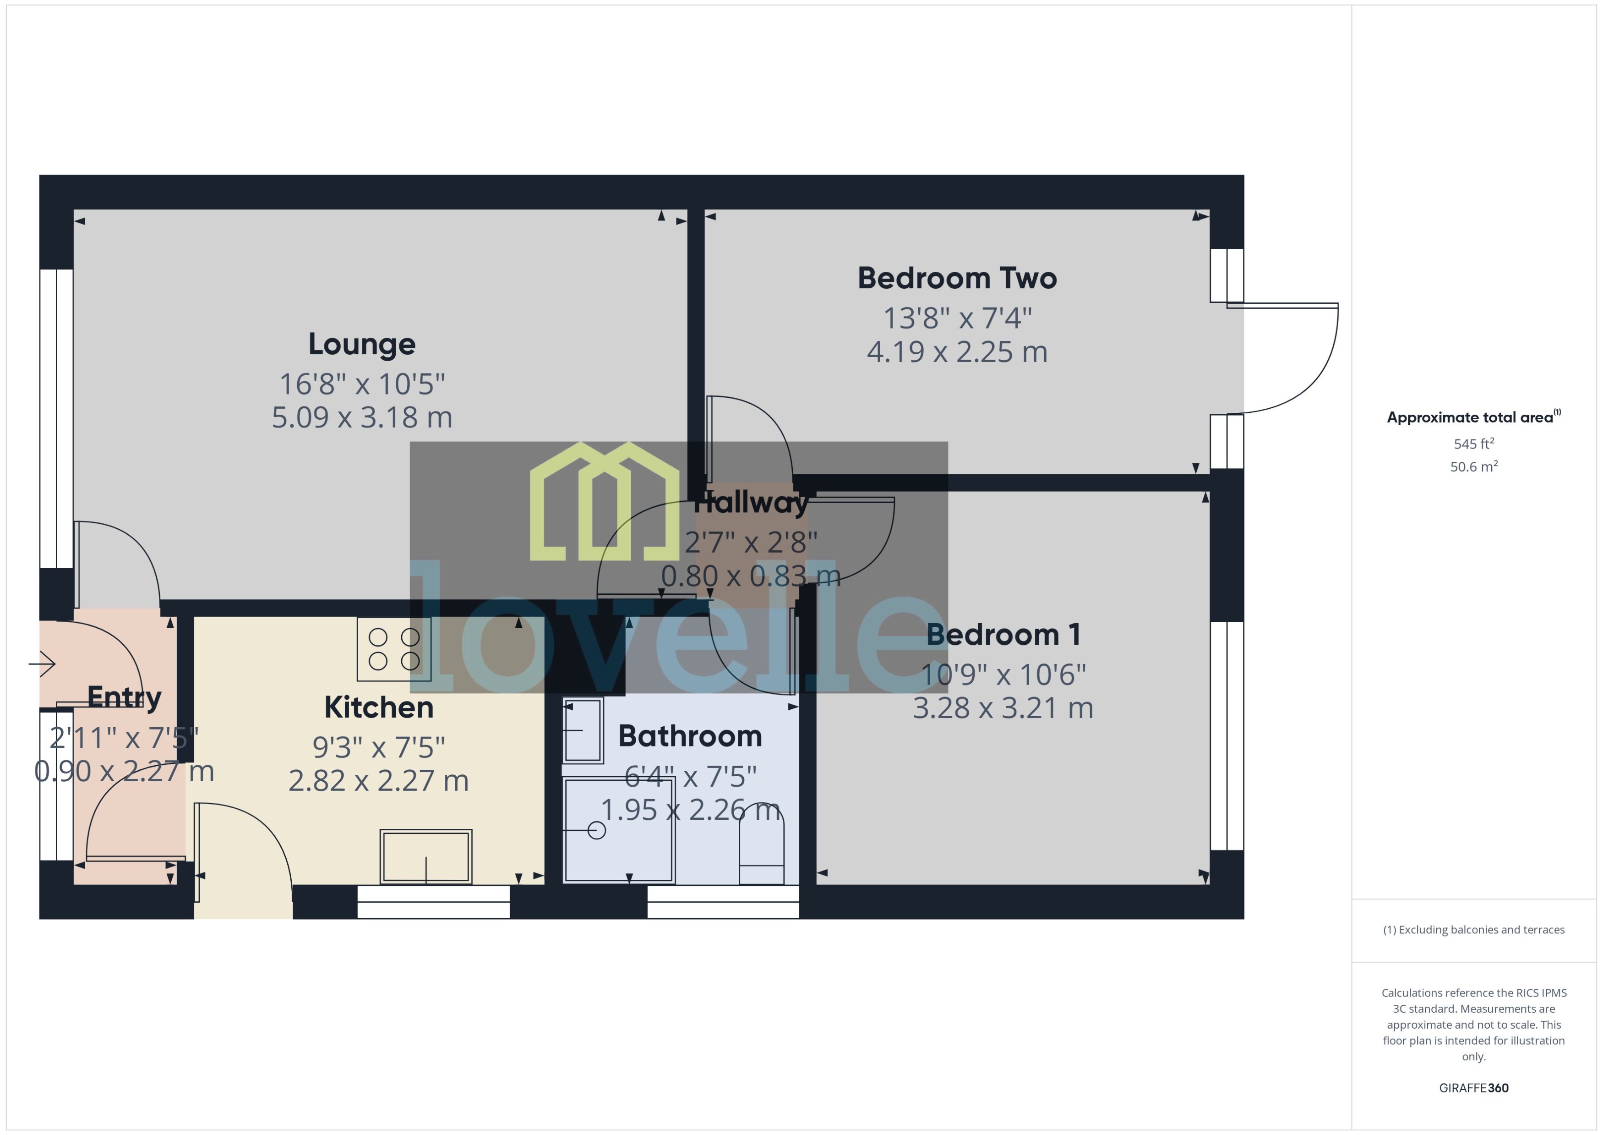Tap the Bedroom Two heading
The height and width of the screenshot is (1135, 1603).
click(x=957, y=278)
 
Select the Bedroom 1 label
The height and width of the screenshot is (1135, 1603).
click(x=1003, y=635)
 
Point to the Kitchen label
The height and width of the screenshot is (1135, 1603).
click(x=379, y=707)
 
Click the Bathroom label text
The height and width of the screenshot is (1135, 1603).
click(x=689, y=736)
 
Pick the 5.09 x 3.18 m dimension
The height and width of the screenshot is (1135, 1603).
click(x=362, y=417)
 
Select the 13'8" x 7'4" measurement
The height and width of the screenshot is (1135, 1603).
click(x=957, y=319)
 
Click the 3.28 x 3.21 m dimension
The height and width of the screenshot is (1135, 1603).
click(x=1003, y=708)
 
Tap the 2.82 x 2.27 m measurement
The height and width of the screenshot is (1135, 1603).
click(x=379, y=781)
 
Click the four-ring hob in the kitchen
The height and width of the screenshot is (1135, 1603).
click(x=394, y=648)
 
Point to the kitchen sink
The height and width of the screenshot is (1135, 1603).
click(x=425, y=857)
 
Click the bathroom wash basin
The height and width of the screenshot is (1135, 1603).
click(x=583, y=730)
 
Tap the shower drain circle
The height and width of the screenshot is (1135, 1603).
click(x=596, y=830)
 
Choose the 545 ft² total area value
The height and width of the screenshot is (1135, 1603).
click(x=1474, y=444)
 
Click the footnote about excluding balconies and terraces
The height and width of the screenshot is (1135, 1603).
click(x=1474, y=930)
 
